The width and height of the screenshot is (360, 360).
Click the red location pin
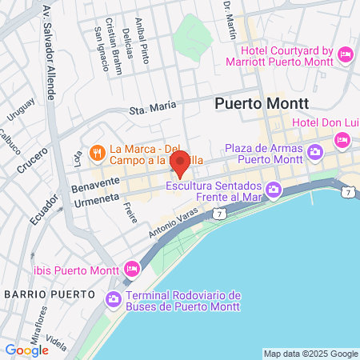click(x=180, y=163)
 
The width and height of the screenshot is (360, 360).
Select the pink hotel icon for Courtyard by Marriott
click(x=346, y=54)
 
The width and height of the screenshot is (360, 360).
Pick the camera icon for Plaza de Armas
click(x=315, y=151)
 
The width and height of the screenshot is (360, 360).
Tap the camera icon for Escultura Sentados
click(x=274, y=189)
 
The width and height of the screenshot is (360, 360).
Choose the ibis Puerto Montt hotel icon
click(x=132, y=269)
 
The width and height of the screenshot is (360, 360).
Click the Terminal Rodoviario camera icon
click(x=113, y=299)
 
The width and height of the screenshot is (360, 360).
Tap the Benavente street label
click(x=95, y=183)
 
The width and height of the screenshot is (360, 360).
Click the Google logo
click(x=26, y=350)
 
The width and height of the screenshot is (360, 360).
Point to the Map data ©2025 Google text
click(x=311, y=354)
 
